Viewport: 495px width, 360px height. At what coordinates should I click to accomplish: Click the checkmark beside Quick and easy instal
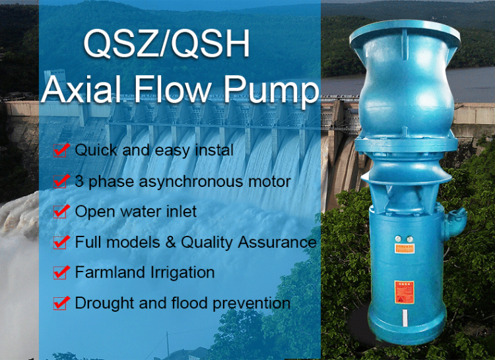pyautogui.click(x=61, y=151)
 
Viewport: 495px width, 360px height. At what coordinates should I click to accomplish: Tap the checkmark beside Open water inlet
pyautogui.click(x=61, y=212)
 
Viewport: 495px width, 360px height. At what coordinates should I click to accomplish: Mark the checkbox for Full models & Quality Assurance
pyautogui.click(x=61, y=242)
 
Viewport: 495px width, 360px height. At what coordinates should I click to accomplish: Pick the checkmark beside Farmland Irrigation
pyautogui.click(x=61, y=272)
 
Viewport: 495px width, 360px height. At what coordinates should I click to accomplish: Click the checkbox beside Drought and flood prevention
pyautogui.click(x=61, y=303)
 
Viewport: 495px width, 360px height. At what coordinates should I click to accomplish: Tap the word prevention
pyautogui.click(x=251, y=303)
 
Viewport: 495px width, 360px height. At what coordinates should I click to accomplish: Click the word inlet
pyautogui.click(x=180, y=212)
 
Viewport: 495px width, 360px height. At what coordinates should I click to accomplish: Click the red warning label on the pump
pyautogui.click(x=404, y=292)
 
